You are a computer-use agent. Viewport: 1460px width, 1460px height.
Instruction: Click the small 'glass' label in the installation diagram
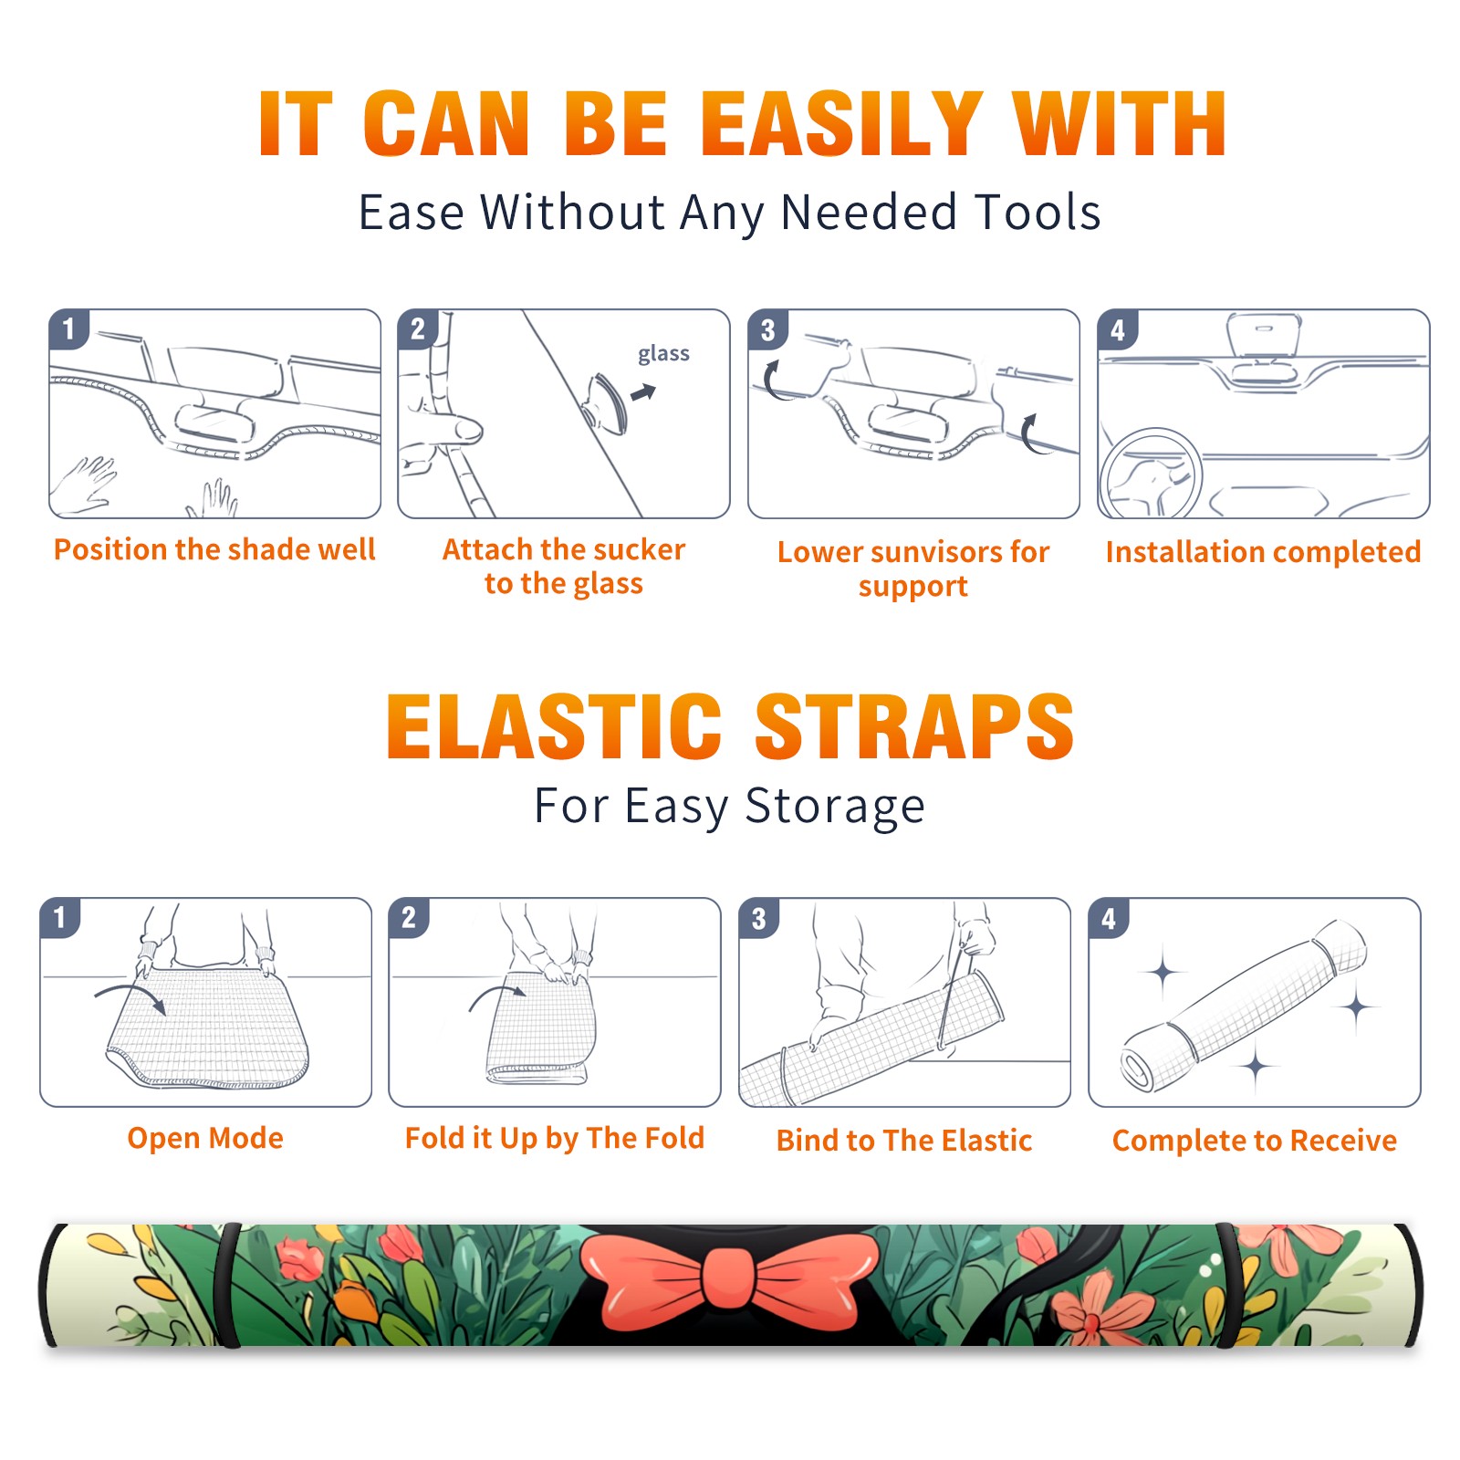(x=663, y=354)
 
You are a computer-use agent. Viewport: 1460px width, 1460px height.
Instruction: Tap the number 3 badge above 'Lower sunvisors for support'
(x=767, y=330)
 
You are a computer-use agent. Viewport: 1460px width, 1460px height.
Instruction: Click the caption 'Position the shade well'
(x=214, y=549)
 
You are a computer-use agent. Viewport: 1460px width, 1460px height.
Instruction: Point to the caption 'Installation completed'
(x=1263, y=552)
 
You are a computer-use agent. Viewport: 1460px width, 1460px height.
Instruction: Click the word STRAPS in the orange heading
(x=914, y=726)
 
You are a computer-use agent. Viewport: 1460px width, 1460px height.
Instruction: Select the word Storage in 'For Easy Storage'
(x=835, y=807)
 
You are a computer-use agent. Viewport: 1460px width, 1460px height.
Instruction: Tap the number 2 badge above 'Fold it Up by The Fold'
(x=409, y=918)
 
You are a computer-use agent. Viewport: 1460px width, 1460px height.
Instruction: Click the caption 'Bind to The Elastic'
(x=903, y=1141)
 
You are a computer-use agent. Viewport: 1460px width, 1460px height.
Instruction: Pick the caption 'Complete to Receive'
(x=1255, y=1141)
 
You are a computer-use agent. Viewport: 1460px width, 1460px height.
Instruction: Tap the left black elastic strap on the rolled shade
(x=229, y=1285)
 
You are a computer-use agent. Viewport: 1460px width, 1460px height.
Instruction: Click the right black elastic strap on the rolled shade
(x=1228, y=1285)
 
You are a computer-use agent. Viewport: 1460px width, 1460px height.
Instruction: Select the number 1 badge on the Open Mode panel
(x=60, y=918)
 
